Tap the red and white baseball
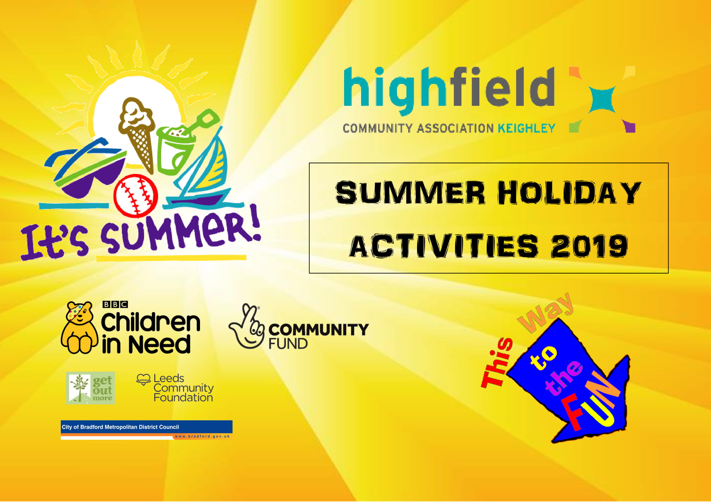tap(136, 195)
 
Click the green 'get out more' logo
tap(90, 388)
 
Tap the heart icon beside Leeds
tap(143, 380)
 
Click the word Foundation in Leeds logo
tap(183, 397)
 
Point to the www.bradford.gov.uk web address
tap(202, 436)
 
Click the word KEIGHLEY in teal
tap(526, 128)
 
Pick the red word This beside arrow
tap(496, 363)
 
